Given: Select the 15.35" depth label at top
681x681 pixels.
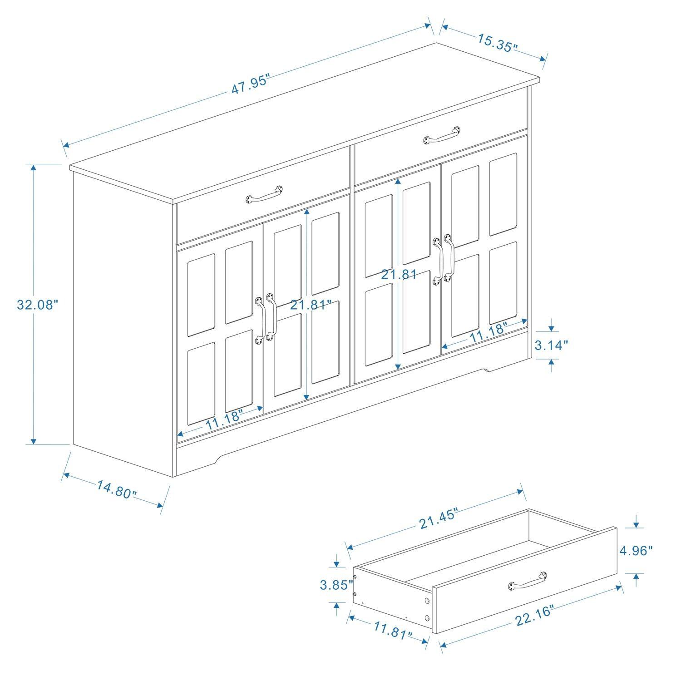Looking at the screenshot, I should (497, 42).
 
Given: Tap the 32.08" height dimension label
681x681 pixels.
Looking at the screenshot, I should (38, 304).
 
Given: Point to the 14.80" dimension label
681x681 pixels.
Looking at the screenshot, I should (116, 489).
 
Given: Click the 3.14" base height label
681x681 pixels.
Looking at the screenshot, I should (551, 345).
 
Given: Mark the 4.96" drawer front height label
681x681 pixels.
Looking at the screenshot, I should (637, 550).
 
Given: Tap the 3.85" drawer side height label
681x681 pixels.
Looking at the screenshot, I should (336, 585).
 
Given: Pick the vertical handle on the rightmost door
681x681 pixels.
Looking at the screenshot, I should (448, 258).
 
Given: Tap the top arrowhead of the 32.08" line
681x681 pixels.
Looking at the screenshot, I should (33, 168).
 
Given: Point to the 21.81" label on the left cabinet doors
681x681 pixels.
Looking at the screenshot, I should (311, 305).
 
